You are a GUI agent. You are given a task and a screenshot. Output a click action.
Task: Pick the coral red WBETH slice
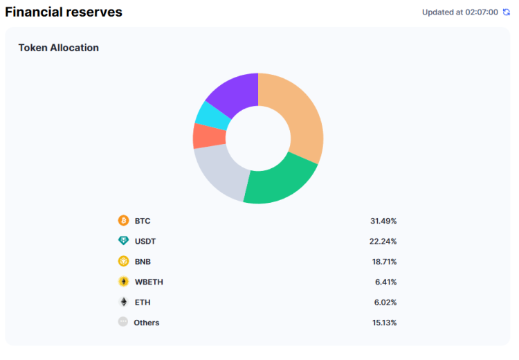[203, 136]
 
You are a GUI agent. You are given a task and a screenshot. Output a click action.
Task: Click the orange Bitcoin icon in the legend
[123, 221]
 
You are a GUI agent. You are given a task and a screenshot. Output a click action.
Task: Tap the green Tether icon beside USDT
[123, 241]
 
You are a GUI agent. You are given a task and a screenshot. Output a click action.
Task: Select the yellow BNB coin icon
[123, 262]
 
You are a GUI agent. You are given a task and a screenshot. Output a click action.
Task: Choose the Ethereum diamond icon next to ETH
[123, 302]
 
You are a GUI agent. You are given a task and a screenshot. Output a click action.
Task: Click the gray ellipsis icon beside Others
[123, 322]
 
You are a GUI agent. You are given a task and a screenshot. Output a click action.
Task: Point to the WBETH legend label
[149, 282]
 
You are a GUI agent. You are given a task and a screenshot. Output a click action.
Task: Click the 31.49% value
[383, 221]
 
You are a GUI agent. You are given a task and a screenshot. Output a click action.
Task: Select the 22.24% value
[383, 241]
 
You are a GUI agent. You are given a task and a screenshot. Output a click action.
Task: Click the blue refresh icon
[506, 12]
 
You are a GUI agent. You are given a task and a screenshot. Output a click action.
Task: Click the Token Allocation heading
[58, 48]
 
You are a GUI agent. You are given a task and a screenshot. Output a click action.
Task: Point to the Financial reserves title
[64, 12]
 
